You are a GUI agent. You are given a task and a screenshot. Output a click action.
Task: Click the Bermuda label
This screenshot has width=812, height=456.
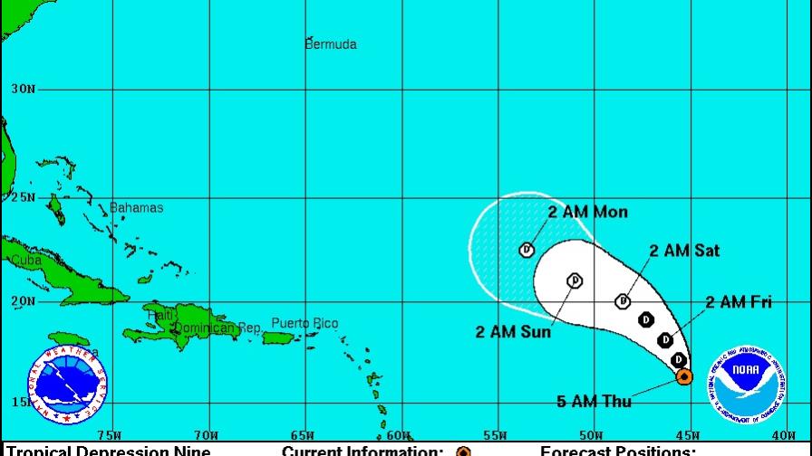pyautogui.click(x=331, y=44)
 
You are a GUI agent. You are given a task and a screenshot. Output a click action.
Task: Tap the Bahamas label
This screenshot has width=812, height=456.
pyautogui.click(x=137, y=208)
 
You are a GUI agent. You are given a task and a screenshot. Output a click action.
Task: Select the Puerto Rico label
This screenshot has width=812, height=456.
pyautogui.click(x=304, y=323)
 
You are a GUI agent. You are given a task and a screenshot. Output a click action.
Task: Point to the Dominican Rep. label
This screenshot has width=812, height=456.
pyautogui.click(x=217, y=328)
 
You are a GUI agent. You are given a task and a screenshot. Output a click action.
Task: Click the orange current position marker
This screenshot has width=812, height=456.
pyautogui.click(x=685, y=375)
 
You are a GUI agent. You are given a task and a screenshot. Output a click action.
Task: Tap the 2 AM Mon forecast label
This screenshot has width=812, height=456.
pyautogui.click(x=587, y=213)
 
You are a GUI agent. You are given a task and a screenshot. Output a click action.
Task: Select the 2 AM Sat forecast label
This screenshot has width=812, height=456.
pyautogui.click(x=684, y=251)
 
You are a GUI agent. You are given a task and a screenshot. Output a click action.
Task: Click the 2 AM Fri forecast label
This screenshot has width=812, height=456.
pyautogui.click(x=739, y=302)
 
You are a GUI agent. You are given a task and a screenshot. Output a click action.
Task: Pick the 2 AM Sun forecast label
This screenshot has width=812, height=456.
pyautogui.click(x=513, y=331)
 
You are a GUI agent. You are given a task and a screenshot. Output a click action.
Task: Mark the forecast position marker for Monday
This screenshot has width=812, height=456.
pyautogui.click(x=527, y=249)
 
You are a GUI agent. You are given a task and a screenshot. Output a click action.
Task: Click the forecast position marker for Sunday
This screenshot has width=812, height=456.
pyautogui.click(x=575, y=281)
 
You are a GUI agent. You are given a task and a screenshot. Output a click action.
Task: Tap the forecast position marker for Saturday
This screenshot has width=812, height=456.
pyautogui.click(x=623, y=301)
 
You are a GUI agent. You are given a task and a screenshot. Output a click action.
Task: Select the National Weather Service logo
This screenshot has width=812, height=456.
pyautogui.click(x=66, y=382)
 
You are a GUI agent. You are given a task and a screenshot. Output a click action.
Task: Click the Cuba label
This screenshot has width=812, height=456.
pyautogui.click(x=25, y=261)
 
